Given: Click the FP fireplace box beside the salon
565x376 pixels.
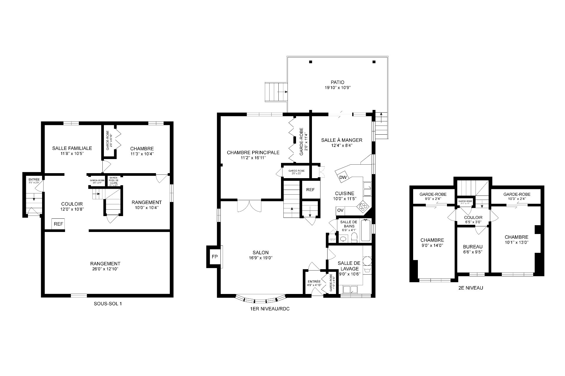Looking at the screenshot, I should coord(215,257).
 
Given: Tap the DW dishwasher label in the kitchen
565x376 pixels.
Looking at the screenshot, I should coord(343,177).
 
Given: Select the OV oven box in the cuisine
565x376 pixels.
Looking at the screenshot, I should coord(340,210).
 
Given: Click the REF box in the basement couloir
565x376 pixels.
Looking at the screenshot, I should coord(58,224).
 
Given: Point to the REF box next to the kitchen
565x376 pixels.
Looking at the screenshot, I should coord(310,190).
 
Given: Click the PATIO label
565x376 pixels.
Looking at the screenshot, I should coord(337,82).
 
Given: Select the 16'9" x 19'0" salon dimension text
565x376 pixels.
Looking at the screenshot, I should coord(260,258).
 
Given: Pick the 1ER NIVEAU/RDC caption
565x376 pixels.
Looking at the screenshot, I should coord(267,309).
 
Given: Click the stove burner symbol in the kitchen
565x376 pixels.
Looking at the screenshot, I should coord(362,207).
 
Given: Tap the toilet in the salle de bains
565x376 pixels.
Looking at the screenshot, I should coord(354,238).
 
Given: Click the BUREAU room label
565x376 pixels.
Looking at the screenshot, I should coord(473,247).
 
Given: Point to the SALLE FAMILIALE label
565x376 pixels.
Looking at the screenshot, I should coord(72,148).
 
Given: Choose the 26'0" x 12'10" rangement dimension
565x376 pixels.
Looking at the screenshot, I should coord(105,269).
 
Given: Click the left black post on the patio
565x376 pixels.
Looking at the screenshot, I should coord(310,62).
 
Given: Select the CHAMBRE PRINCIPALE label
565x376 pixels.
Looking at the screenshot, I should coord(253,153).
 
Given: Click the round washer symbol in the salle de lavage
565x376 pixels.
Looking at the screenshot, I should coord(367,260).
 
